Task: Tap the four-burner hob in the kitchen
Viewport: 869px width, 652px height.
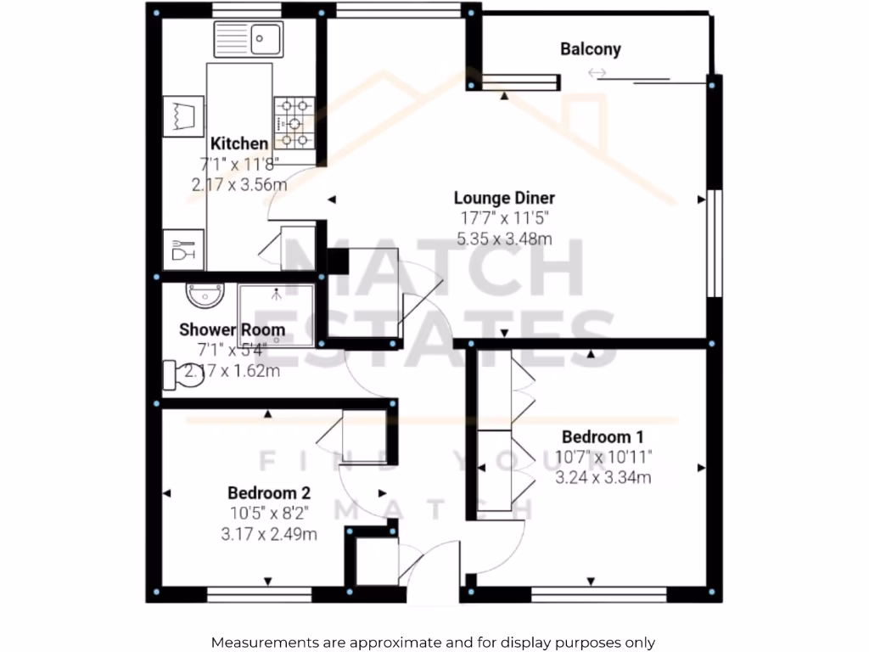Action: (x=294, y=124)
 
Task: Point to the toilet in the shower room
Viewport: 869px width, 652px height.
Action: (x=183, y=374)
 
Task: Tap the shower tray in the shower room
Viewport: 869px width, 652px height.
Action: (x=276, y=316)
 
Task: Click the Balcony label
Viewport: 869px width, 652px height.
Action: (x=590, y=49)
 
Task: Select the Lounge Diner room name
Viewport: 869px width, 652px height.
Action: (x=504, y=199)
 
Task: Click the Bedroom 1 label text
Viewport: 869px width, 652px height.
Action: (x=603, y=437)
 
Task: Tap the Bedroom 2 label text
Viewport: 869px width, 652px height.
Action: (x=268, y=493)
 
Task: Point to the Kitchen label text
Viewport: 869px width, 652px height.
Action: (x=239, y=143)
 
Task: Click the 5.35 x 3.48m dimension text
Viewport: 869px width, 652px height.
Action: (x=504, y=239)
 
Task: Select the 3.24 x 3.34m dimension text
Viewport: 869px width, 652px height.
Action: (x=603, y=478)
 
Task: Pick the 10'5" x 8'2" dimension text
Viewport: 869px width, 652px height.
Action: (x=268, y=514)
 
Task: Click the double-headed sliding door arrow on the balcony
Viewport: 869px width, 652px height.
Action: (x=597, y=74)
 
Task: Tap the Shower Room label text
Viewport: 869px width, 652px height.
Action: (x=232, y=329)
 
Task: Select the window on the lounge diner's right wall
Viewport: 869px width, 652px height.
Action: (x=715, y=243)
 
